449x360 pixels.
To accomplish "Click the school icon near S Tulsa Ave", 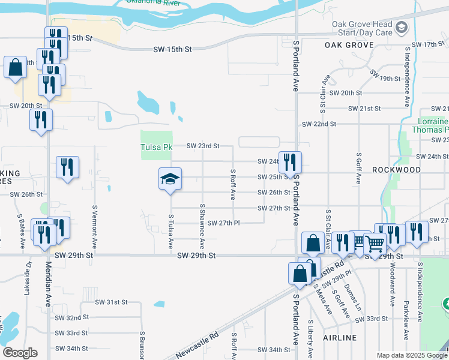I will [x=170, y=179].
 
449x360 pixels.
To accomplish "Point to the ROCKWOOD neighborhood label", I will [x=396, y=170].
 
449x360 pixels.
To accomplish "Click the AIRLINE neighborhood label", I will [x=340, y=338].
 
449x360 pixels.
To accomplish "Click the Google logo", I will [x=19, y=353].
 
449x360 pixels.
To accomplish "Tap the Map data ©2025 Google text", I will [x=411, y=355].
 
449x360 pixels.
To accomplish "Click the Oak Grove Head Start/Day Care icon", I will [x=401, y=27].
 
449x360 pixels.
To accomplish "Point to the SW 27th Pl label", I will [x=220, y=223].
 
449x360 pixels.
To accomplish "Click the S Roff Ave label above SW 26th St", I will [x=232, y=184].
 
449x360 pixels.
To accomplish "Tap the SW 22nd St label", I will [x=319, y=124].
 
